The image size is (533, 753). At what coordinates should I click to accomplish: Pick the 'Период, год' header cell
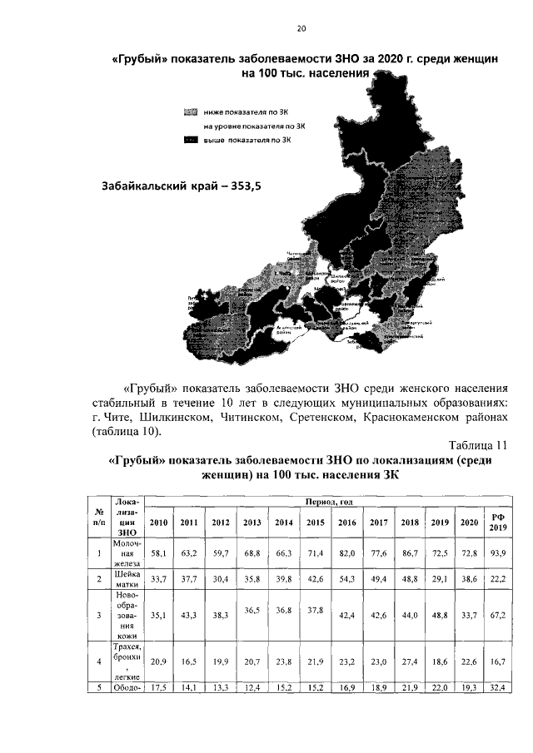click(329, 503)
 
